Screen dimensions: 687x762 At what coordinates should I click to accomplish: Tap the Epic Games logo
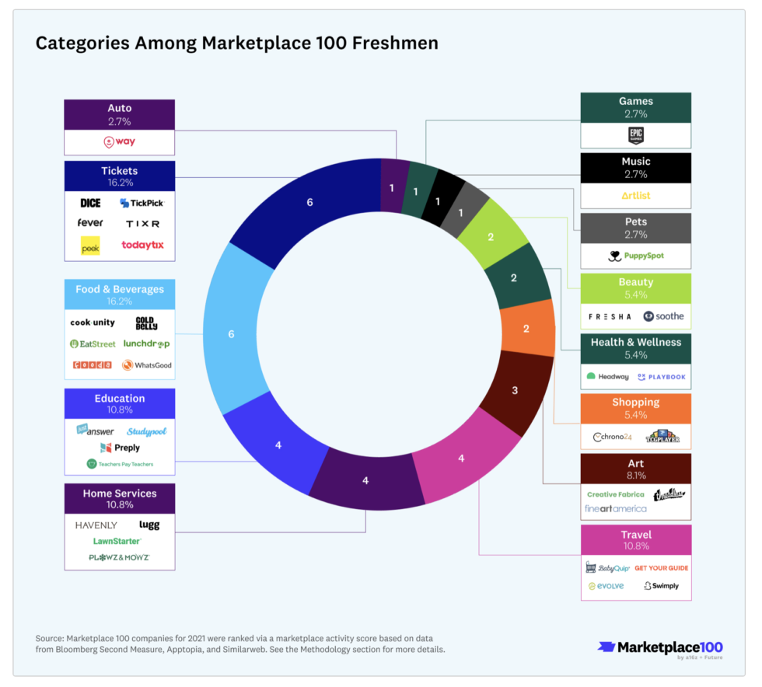[635, 136]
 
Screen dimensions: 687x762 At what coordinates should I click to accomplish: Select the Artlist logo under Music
[635, 196]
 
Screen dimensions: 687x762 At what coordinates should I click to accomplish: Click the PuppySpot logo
[635, 256]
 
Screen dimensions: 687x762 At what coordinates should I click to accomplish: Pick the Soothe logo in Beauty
[663, 316]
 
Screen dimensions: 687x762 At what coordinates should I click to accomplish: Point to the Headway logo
[608, 376]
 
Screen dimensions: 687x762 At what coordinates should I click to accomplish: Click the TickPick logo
[142, 203]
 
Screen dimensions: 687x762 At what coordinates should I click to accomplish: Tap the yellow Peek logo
[90, 246]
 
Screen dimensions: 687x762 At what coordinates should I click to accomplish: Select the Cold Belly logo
[146, 323]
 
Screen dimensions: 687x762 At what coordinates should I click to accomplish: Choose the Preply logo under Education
[120, 448]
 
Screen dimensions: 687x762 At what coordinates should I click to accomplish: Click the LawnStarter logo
[117, 541]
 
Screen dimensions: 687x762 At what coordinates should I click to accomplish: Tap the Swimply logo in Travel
[661, 586]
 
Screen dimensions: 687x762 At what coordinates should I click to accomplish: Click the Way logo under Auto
[120, 142]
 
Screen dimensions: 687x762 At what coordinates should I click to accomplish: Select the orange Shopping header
[635, 407]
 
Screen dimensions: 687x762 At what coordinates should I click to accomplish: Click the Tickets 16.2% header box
[120, 176]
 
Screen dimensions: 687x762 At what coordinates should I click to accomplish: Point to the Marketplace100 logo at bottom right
[660, 647]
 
